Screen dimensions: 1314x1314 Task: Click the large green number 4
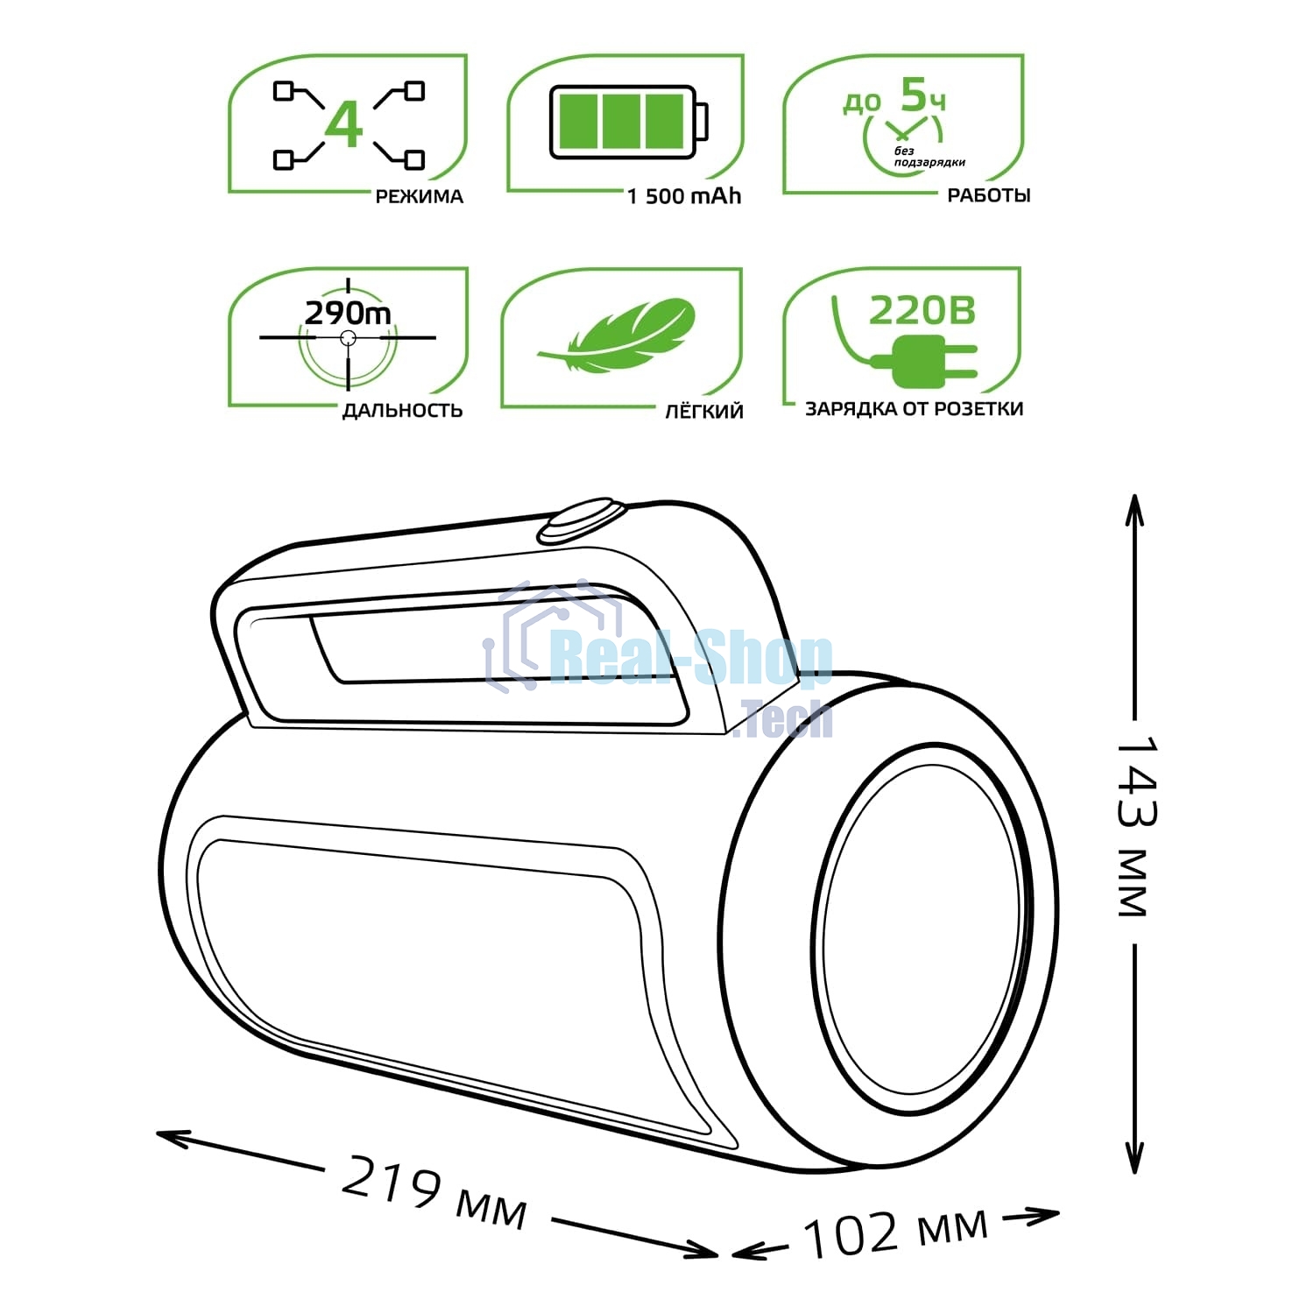(343, 124)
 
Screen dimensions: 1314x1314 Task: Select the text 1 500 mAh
(684, 196)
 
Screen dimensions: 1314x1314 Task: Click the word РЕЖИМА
(419, 196)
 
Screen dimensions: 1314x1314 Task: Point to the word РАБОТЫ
(988, 195)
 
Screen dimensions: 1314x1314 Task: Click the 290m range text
(348, 313)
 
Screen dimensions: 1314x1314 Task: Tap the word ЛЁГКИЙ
(703, 411)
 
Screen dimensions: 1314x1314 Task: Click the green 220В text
(922, 310)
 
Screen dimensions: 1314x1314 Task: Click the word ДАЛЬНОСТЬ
(402, 410)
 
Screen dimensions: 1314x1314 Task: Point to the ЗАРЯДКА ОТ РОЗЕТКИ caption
(914, 408)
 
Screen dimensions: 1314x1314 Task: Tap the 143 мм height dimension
(1136, 828)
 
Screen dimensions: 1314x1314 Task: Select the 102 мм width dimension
(894, 1232)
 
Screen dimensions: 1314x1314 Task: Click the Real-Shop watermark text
(692, 659)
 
